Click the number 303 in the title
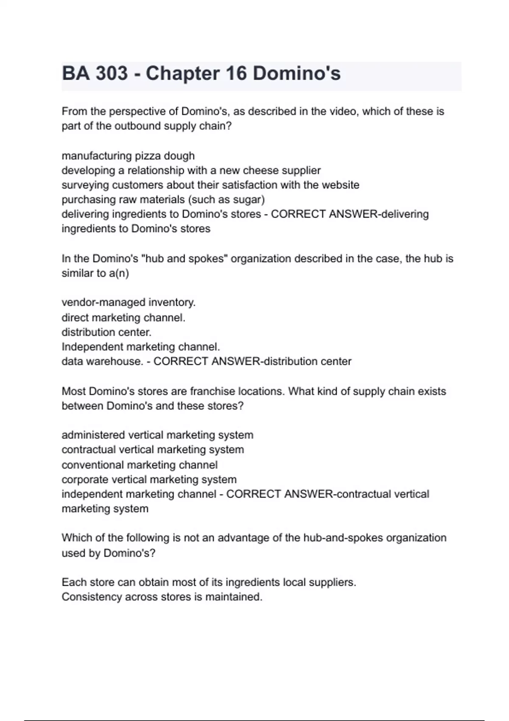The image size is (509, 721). click(112, 73)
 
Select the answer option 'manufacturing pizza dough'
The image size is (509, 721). click(128, 156)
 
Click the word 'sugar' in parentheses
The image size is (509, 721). click(249, 200)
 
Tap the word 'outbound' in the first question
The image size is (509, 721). click(138, 126)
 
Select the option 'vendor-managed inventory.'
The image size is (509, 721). click(129, 302)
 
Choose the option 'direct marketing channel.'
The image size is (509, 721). click(123, 318)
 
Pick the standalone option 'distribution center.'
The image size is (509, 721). click(106, 332)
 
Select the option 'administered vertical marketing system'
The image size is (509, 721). click(157, 435)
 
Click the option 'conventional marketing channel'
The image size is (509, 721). click(140, 465)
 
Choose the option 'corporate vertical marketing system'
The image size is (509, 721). click(149, 480)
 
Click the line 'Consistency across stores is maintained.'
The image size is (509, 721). click(162, 597)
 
